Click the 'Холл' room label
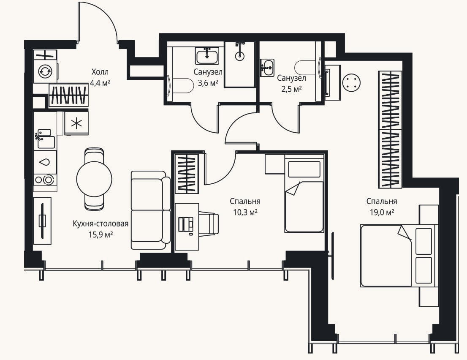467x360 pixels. coord(100,72)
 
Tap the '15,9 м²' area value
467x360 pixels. coord(100,235)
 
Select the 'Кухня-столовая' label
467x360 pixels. coord(100,224)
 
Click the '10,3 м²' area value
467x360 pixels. coord(245,212)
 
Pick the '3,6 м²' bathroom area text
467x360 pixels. coord(208,83)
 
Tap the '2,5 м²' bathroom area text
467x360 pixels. coord(292,89)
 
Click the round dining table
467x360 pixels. coord(94,179)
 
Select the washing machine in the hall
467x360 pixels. coord(45,71)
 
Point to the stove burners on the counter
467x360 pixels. coord(45,180)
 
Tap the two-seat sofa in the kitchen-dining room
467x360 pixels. coord(150,210)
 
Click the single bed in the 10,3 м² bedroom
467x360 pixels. coord(304,195)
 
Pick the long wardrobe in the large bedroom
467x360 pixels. coord(390,130)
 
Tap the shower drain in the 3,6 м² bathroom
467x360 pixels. coord(240,56)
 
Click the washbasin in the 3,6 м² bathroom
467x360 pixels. coord(207,55)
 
